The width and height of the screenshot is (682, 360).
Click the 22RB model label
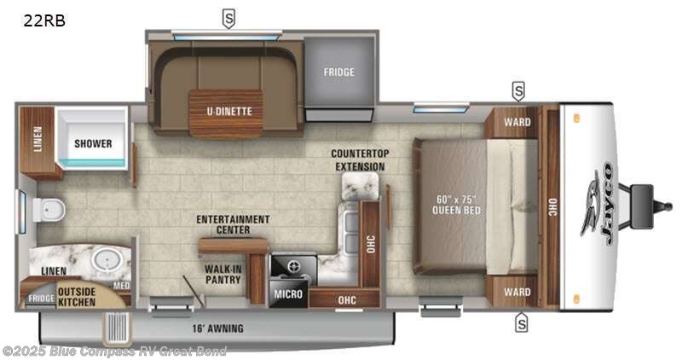(44, 20)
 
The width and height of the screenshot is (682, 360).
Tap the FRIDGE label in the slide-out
(338, 72)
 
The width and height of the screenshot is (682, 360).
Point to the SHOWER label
(92, 143)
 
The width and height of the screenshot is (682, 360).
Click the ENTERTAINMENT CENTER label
(233, 224)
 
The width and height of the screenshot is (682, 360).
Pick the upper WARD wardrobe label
(517, 122)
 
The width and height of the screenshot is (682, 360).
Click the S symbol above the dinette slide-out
(228, 15)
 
